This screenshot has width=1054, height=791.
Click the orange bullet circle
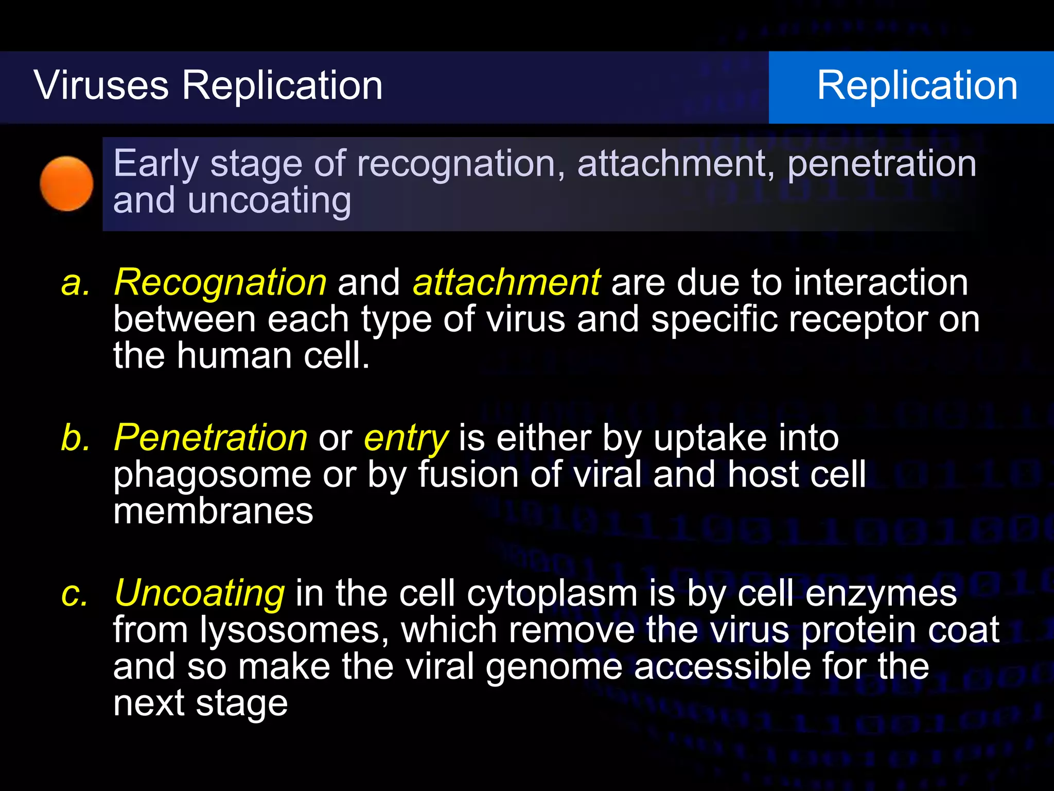coord(66,184)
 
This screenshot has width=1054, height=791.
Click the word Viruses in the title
coord(101,85)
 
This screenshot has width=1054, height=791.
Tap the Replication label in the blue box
coord(917,85)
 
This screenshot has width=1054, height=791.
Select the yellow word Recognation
coord(220,283)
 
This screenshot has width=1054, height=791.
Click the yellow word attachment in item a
coord(506,283)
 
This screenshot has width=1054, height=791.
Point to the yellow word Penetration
coord(210,438)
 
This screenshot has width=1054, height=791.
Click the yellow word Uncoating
coord(199,594)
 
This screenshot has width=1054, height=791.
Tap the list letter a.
coord(75,283)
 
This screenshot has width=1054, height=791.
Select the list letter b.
coord(75,438)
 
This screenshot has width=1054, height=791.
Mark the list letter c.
coord(75,594)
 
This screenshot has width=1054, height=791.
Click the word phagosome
coord(212,475)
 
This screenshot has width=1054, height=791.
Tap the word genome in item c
coord(554,667)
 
